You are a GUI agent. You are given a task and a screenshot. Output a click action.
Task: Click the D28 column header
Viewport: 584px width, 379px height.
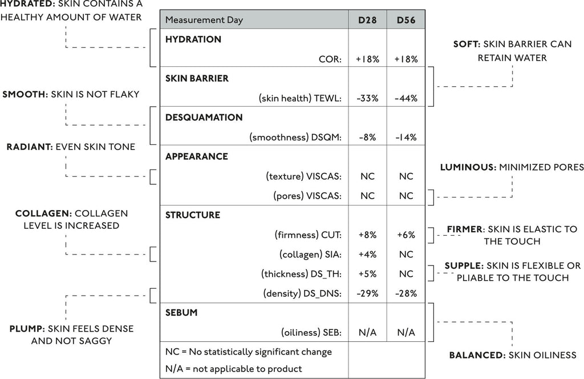tap(367, 20)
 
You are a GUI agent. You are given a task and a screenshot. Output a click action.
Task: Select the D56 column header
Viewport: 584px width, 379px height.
tap(406, 20)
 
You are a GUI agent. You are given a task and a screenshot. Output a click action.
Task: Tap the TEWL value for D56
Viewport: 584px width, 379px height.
tap(406, 98)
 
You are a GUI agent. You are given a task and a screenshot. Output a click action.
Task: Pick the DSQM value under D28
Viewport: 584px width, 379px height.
tap(367, 138)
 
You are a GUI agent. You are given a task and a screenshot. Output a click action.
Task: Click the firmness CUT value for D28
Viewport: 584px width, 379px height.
tap(367, 235)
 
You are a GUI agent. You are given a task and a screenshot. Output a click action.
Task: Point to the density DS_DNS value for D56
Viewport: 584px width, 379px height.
tap(406, 293)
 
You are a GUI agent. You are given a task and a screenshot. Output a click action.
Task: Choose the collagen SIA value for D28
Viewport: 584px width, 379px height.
tap(367, 255)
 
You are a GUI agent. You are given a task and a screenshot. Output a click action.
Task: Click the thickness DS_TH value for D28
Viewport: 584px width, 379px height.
tap(367, 275)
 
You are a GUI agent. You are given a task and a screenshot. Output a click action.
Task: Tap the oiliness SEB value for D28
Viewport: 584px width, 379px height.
tap(367, 332)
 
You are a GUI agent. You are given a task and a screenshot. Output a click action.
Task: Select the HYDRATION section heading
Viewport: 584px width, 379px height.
tap(193, 39)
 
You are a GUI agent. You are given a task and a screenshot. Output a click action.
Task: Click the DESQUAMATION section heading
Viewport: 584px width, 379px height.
tap(204, 118)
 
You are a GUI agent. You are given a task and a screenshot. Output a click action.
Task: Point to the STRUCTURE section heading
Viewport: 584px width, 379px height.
tap(193, 215)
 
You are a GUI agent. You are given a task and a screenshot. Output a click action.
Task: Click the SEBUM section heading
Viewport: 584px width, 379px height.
tap(181, 313)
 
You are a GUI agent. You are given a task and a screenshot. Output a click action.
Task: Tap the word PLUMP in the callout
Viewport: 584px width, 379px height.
tap(27, 329)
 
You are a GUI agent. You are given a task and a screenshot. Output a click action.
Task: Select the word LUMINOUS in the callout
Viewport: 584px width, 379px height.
tap(468, 167)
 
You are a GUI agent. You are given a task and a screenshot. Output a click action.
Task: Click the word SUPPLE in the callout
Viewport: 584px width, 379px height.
tap(464, 266)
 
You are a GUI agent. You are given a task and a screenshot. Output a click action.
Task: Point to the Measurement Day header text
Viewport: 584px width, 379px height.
tap(204, 20)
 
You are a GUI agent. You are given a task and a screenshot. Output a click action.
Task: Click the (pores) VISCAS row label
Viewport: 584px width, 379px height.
tap(307, 196)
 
